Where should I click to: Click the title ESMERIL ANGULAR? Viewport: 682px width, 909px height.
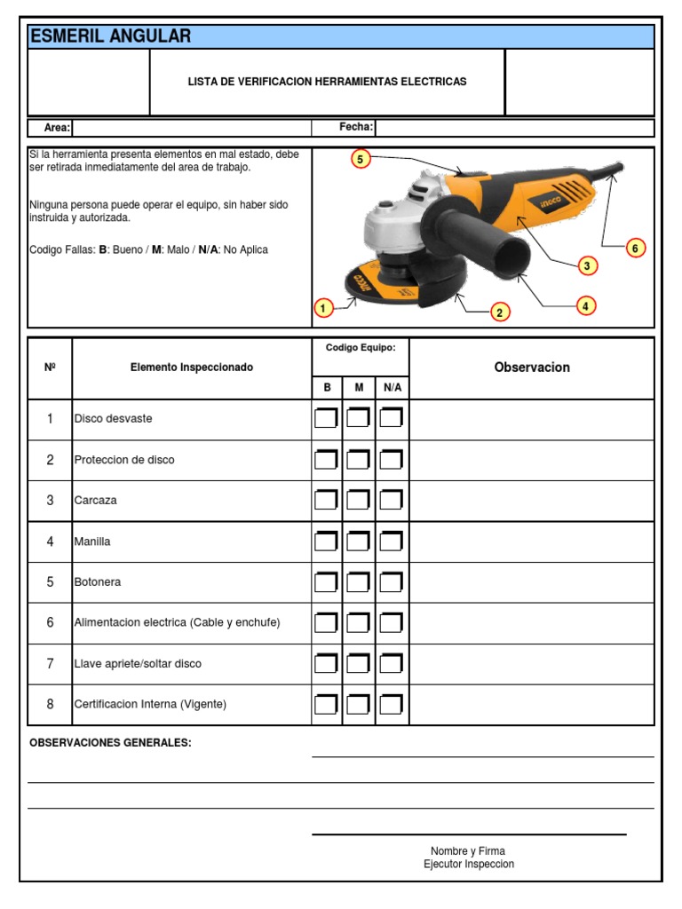(x=110, y=36)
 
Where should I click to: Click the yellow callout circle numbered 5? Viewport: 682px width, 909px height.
(x=360, y=159)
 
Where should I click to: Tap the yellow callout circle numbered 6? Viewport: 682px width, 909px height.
(x=634, y=248)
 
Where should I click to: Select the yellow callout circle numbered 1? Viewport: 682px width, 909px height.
(x=323, y=309)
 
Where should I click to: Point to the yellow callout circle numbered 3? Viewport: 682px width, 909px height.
(x=586, y=265)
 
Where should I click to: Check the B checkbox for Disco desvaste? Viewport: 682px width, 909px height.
(x=326, y=418)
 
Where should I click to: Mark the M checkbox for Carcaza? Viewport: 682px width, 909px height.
(x=358, y=500)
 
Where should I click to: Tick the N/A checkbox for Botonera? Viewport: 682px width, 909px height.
(x=392, y=582)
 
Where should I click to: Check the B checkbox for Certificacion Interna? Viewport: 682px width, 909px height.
(x=326, y=705)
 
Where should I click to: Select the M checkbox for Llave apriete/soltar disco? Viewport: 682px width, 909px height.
(x=358, y=664)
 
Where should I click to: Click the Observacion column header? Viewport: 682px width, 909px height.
(x=532, y=368)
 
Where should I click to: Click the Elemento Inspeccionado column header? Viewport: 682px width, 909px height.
(x=191, y=368)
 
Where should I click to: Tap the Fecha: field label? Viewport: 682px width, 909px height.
(x=356, y=128)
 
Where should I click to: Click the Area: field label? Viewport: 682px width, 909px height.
(x=57, y=128)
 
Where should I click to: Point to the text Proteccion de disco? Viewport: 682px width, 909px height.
(x=124, y=460)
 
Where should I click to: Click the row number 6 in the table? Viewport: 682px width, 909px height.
(x=51, y=623)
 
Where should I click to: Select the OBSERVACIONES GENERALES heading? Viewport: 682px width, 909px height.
(x=110, y=743)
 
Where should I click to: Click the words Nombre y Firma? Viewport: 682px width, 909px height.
(x=468, y=851)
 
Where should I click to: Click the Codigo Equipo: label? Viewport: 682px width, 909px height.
(x=360, y=348)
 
